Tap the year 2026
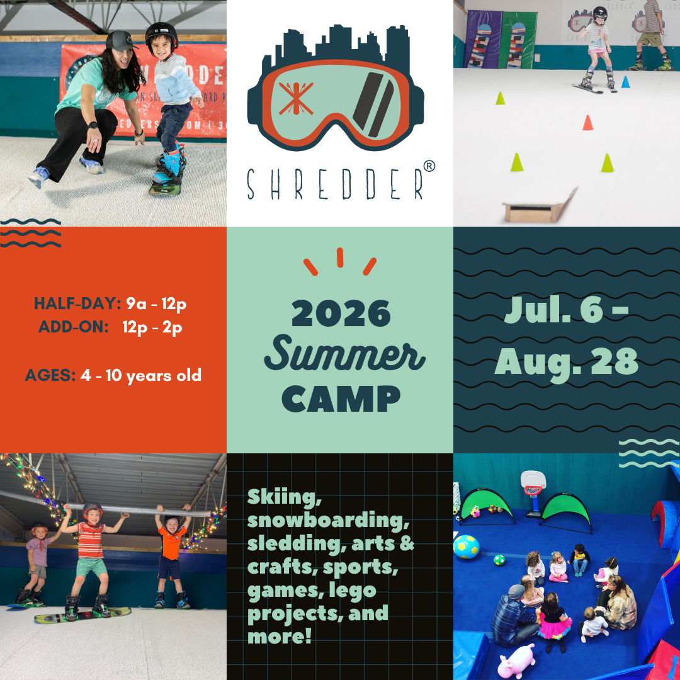pos(341,313)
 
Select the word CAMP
pos(341,399)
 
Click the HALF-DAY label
pos(77,303)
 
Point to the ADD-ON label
pos(73,327)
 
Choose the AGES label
pos(50,375)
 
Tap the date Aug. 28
pos(567,363)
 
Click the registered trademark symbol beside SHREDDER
pos(429,166)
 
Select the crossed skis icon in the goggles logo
pos(296,98)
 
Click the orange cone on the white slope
pos(587,122)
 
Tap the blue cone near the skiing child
pos(625,81)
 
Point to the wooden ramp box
pos(540,205)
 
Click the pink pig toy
pos(516,661)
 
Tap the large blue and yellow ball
pos(466,547)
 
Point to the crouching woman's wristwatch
pos(93,125)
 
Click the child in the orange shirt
pos(172,556)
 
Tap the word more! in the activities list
pos(280,636)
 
